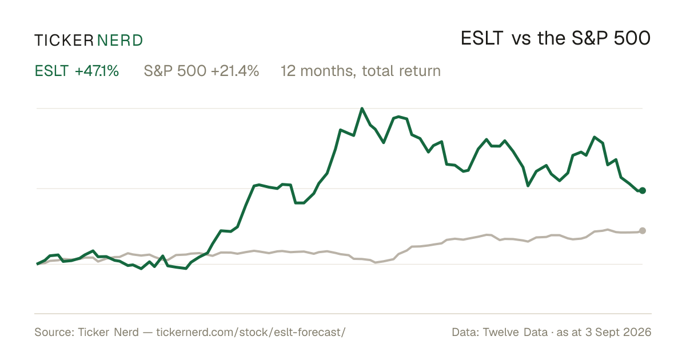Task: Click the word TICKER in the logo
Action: [64, 41]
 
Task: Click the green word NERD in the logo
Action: [120, 41]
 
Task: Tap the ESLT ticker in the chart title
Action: [482, 38]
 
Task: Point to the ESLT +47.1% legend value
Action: [77, 71]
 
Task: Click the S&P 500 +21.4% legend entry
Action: [201, 71]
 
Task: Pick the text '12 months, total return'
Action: [361, 71]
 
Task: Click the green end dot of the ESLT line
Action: [643, 190]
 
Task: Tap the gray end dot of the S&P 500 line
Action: [643, 230]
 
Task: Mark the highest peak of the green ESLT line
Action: [362, 109]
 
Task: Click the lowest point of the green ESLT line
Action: [186, 269]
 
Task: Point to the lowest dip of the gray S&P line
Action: [376, 262]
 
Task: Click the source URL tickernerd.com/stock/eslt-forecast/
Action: [251, 332]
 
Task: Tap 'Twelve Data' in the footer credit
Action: [515, 332]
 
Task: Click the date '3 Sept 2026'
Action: [619, 332]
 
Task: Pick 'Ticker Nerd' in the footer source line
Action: [108, 332]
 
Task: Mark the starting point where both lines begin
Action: [37, 264]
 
